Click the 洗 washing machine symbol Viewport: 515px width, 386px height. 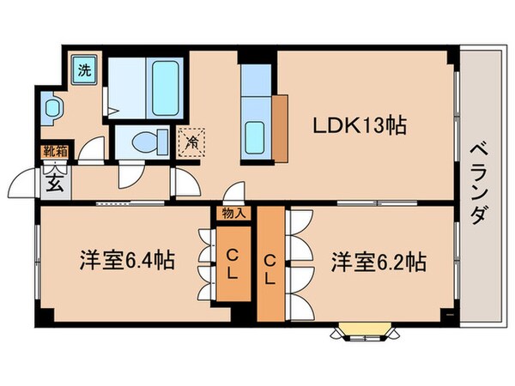84,69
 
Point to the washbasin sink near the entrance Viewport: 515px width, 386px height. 53,108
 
